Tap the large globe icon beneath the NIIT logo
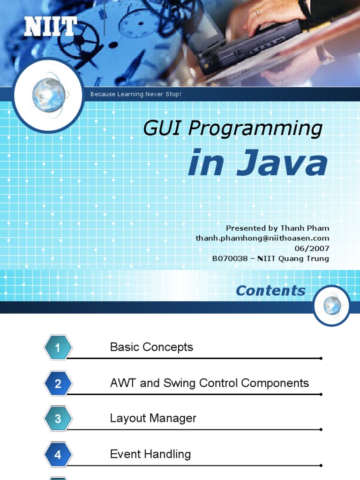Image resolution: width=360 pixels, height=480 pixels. pyautogui.click(x=48, y=95)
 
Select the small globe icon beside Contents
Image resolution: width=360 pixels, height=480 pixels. pyautogui.click(x=332, y=306)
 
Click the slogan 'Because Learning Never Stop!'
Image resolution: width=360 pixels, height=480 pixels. pyautogui.click(x=135, y=95)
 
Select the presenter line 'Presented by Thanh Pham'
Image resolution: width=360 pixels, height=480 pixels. pyautogui.click(x=277, y=228)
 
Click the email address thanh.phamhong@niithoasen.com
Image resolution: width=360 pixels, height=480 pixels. pyautogui.click(x=262, y=238)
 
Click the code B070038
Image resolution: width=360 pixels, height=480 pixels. pyautogui.click(x=230, y=258)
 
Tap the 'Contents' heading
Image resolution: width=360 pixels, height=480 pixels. pyautogui.click(x=270, y=291)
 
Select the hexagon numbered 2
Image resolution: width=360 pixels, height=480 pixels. pyautogui.click(x=58, y=384)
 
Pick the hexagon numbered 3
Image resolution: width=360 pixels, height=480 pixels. pyautogui.click(x=58, y=419)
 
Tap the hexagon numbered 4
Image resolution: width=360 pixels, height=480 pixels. pyautogui.click(x=58, y=455)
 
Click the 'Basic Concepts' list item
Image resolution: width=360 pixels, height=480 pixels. pyautogui.click(x=151, y=347)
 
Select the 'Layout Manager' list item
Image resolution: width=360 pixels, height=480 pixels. pyautogui.click(x=153, y=418)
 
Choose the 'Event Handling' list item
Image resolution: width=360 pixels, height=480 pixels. pyautogui.click(x=150, y=454)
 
